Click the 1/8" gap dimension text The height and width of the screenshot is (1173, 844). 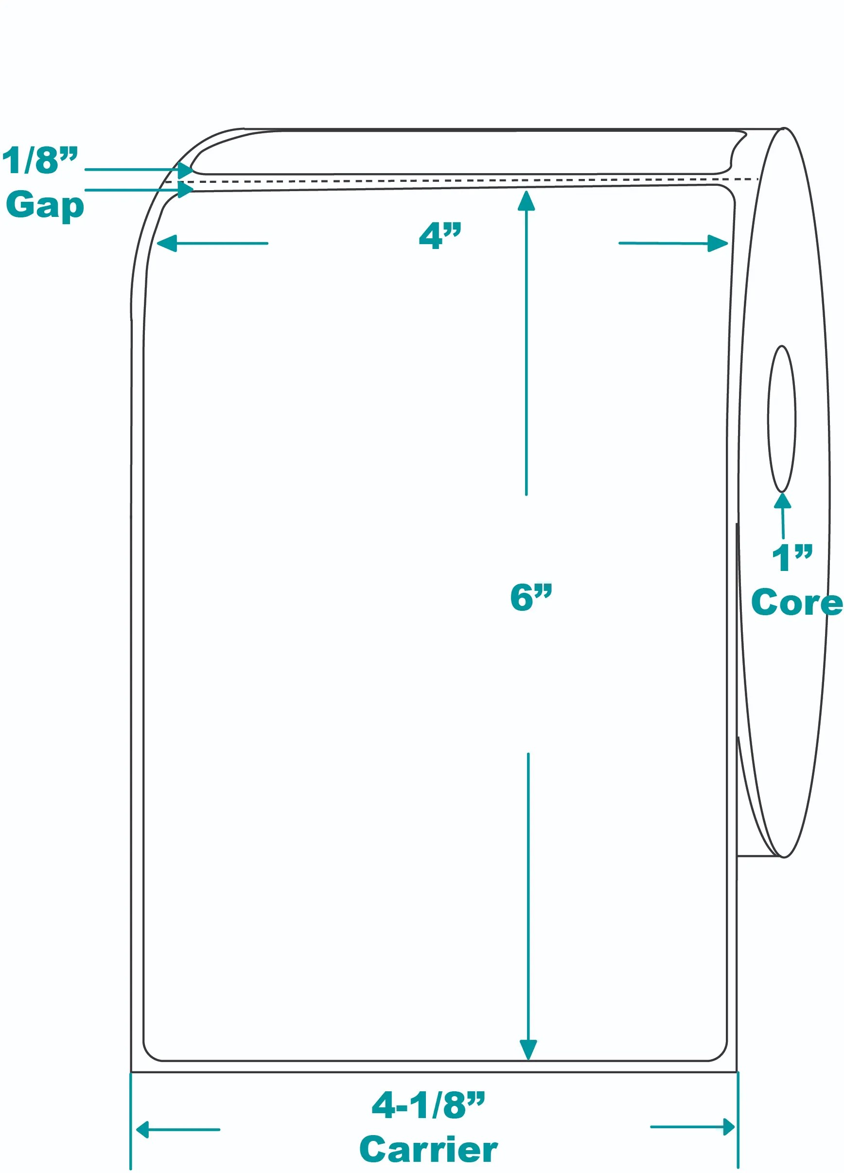click(40, 160)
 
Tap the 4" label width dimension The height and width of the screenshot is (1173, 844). click(440, 236)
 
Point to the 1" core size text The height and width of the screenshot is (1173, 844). click(792, 558)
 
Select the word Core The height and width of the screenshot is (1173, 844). click(796, 603)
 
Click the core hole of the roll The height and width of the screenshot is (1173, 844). click(781, 419)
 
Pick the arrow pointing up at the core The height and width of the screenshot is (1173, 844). click(782, 515)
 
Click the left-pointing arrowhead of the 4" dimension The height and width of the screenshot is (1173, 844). click(167, 243)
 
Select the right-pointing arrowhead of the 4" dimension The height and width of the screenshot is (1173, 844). click(717, 243)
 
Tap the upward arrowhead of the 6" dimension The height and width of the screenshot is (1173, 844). click(526, 201)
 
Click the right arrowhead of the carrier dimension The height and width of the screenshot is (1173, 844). click(728, 1127)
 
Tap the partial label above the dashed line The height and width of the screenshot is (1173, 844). click(465, 153)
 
